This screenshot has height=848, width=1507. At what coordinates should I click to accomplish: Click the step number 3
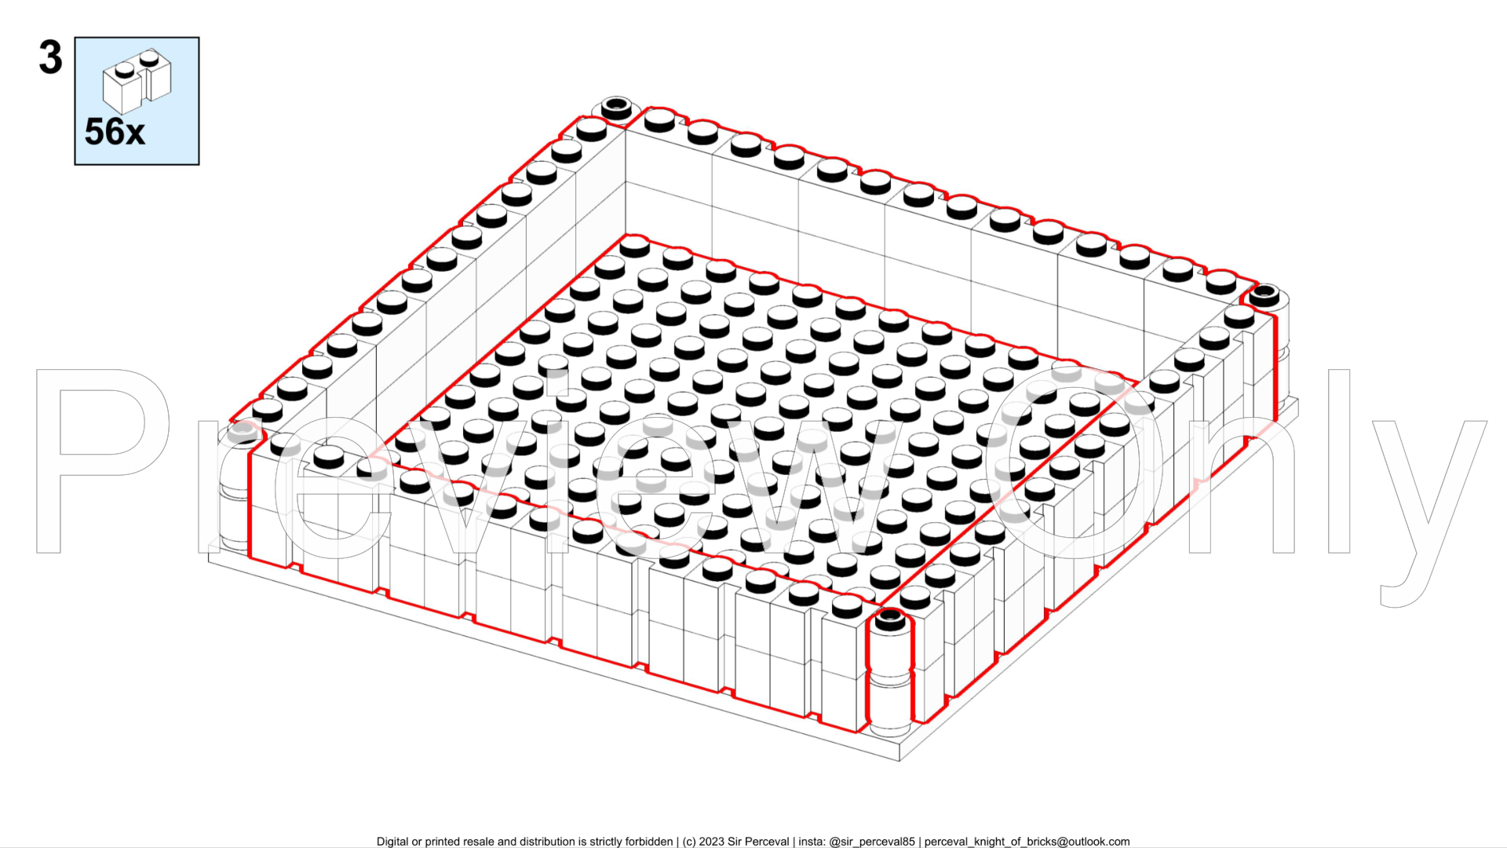(x=50, y=58)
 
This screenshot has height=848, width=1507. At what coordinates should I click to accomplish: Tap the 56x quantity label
(x=115, y=132)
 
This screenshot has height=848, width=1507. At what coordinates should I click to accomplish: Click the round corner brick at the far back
(x=617, y=107)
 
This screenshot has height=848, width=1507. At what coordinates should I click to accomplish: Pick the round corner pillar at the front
(x=890, y=667)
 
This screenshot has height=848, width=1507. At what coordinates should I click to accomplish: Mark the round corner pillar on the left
(x=233, y=487)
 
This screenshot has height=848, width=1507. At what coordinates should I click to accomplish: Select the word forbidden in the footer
(x=648, y=842)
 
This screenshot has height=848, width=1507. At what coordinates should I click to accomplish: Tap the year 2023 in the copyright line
(x=711, y=842)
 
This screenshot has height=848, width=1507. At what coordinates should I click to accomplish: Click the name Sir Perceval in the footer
(x=758, y=842)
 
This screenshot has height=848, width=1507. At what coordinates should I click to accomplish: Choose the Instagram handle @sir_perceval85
(x=872, y=842)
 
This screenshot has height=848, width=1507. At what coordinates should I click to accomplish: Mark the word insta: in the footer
(x=812, y=842)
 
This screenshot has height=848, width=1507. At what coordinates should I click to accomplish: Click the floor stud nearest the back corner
(x=634, y=246)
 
